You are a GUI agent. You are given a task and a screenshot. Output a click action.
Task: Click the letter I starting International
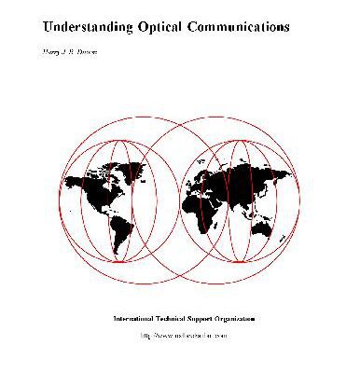pyautogui.click(x=115, y=319)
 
